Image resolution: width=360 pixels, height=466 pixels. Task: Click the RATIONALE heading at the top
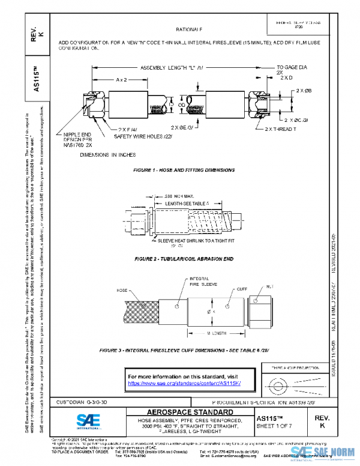click(189, 29)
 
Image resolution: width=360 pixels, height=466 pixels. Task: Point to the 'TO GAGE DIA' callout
click(292, 68)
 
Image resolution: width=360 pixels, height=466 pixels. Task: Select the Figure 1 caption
click(184, 171)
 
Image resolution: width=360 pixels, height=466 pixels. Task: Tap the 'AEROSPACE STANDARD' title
click(190, 412)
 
